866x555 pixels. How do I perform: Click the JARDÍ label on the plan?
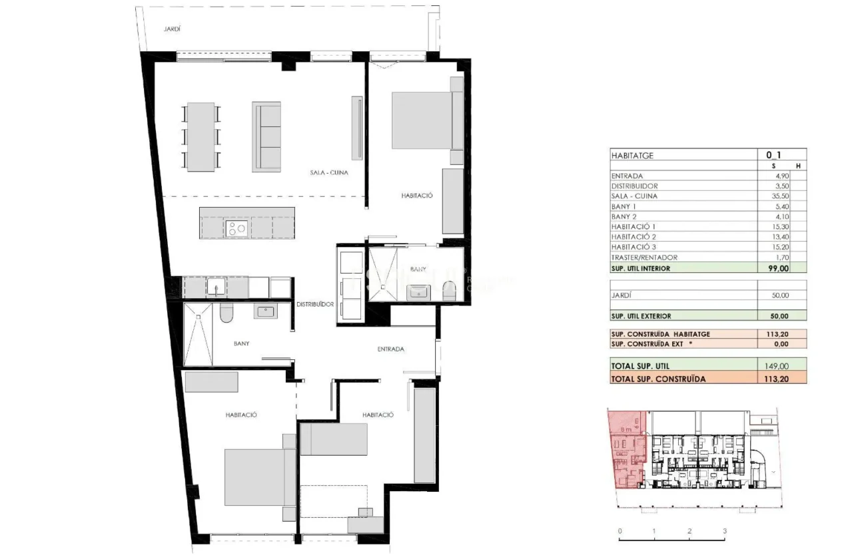pyautogui.click(x=173, y=29)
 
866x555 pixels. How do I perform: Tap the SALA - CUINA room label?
pyautogui.click(x=329, y=172)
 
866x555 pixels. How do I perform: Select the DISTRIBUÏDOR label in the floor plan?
pyautogui.click(x=315, y=304)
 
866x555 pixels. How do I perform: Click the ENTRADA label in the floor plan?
pyautogui.click(x=391, y=349)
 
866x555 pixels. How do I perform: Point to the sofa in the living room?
pyautogui.click(x=266, y=136)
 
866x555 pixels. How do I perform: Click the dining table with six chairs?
pyautogui.click(x=201, y=136)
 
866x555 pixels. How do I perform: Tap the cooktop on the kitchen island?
pyautogui.click(x=237, y=228)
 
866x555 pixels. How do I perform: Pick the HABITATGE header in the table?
pyautogui.click(x=632, y=155)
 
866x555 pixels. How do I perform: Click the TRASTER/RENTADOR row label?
pyautogui.click(x=644, y=258)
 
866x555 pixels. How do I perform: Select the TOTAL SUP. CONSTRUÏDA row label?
pyautogui.click(x=658, y=379)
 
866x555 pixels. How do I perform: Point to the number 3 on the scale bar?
pyautogui.click(x=724, y=531)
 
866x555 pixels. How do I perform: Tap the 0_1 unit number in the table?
pyautogui.click(x=773, y=154)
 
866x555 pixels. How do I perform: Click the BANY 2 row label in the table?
pyautogui.click(x=625, y=217)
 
